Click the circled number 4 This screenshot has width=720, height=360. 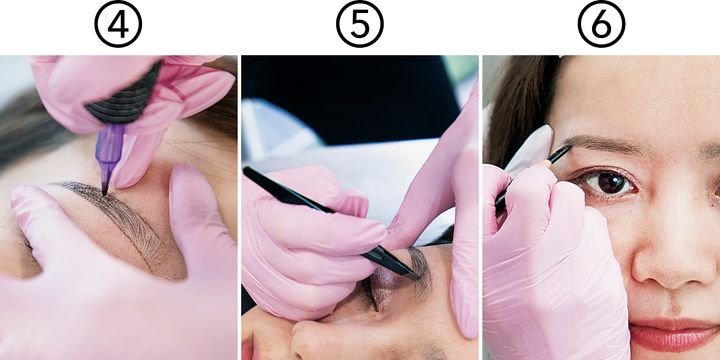point(118,24)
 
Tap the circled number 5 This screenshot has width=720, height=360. point(360,24)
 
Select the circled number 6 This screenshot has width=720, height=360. point(602,24)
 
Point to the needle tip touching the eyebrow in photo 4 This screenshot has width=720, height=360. point(105,192)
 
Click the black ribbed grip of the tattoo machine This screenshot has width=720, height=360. point(123,100)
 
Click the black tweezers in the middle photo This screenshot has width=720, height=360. point(332,224)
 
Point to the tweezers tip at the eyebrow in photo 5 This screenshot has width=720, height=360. point(417,277)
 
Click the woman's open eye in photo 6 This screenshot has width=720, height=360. point(608,183)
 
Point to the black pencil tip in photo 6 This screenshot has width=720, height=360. point(569,147)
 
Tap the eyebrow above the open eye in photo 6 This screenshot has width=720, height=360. point(606,144)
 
